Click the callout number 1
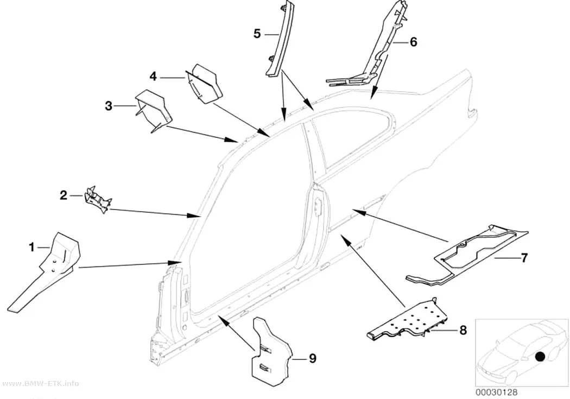(x=32, y=248)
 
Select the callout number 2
(x=64, y=195)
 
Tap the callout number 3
(x=109, y=106)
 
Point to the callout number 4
(x=154, y=77)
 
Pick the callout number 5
(x=257, y=34)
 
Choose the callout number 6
(x=413, y=42)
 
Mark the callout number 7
(x=524, y=258)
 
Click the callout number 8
(x=463, y=330)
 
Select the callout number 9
(x=313, y=359)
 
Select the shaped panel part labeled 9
(x=272, y=351)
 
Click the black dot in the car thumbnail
(x=540, y=357)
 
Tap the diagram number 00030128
(x=496, y=392)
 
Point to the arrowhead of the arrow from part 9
(x=223, y=319)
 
